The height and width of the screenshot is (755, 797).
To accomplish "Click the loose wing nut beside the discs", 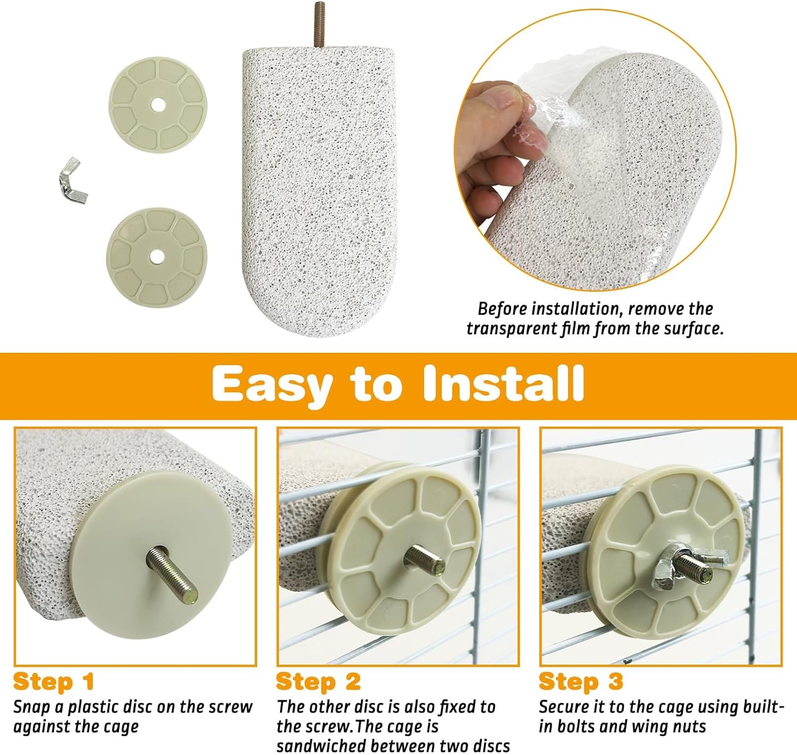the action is pos(73,181).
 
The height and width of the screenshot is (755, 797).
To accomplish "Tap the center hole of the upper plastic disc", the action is pos(158,105).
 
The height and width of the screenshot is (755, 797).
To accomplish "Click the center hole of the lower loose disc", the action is pos(157,256).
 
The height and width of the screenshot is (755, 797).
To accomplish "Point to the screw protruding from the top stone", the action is pos(319,24).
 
